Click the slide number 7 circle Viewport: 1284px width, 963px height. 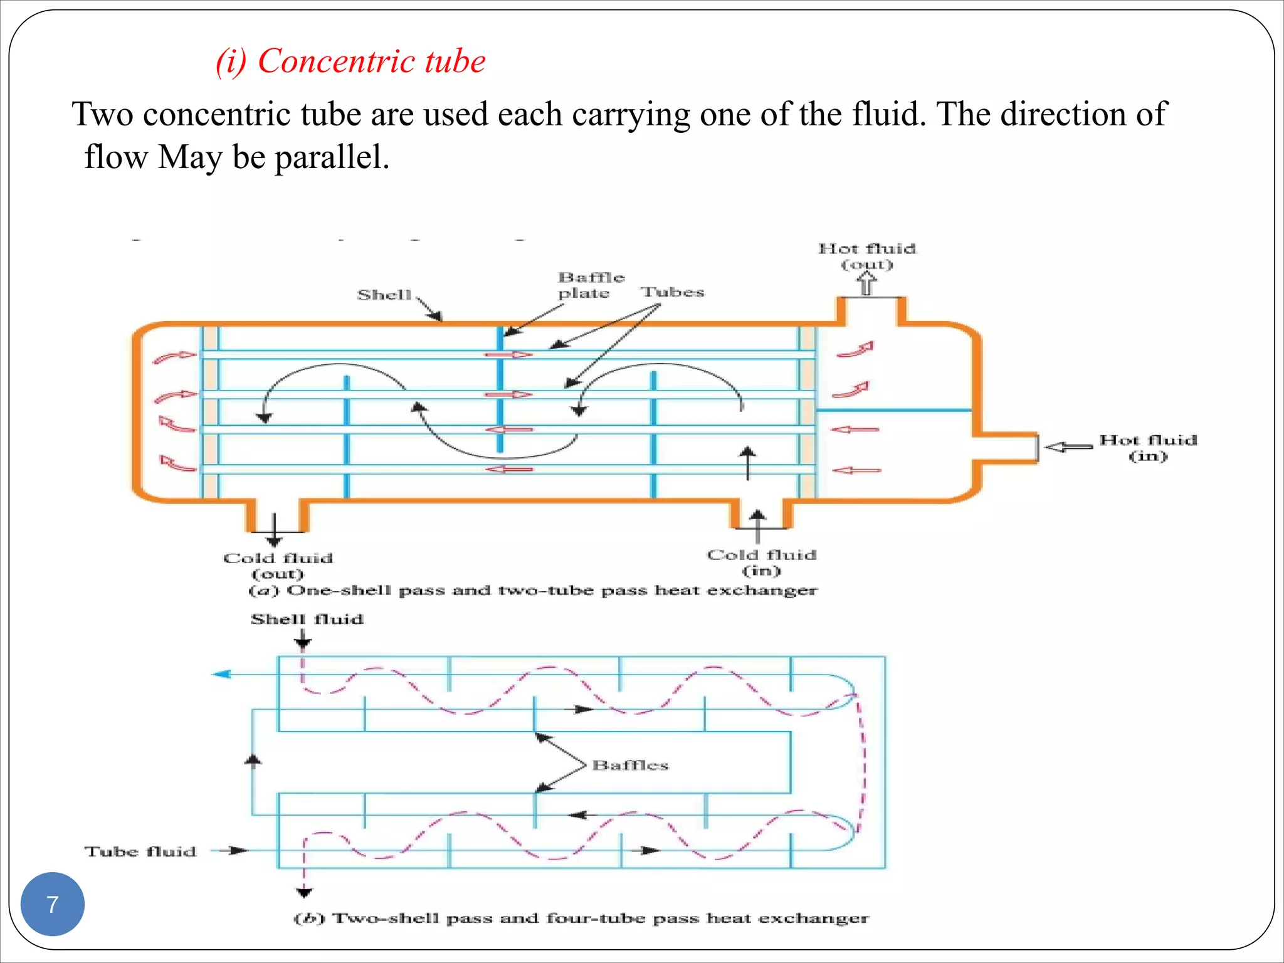tap(52, 904)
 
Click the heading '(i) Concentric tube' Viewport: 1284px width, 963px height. tap(350, 61)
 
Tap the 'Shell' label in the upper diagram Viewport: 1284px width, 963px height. tap(384, 295)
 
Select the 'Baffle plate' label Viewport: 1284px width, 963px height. tap(590, 285)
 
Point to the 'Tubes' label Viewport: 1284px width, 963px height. tap(672, 292)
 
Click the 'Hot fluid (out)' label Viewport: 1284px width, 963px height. tap(866, 256)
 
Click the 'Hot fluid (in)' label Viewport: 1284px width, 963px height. tap(1147, 448)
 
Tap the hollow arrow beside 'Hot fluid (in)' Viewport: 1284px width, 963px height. tap(1068, 447)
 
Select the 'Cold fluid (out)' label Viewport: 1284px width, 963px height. tap(278, 566)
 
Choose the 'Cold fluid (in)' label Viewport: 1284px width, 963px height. tap(761, 562)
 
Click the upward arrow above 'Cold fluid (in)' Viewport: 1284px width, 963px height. tap(757, 525)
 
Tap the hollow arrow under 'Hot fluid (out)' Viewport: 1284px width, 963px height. tap(866, 284)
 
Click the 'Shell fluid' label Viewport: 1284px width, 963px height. tap(307, 619)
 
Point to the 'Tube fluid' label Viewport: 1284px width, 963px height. tap(140, 851)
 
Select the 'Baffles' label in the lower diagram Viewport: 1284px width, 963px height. tap(630, 765)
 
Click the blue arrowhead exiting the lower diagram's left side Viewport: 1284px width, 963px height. tap(221, 674)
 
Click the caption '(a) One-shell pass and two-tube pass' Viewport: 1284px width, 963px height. tap(533, 591)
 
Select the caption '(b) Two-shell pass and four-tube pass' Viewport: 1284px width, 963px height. tap(581, 918)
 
